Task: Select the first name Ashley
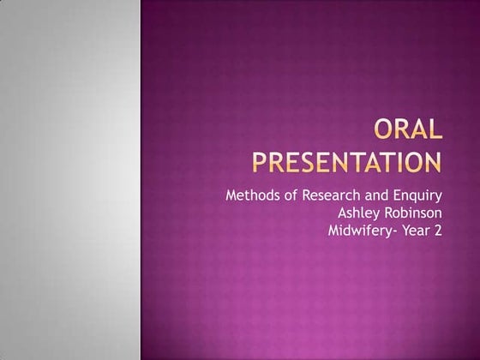click(362, 213)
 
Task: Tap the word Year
click(417, 231)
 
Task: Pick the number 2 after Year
click(437, 231)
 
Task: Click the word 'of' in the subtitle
click(287, 195)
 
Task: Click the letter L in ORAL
click(435, 131)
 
